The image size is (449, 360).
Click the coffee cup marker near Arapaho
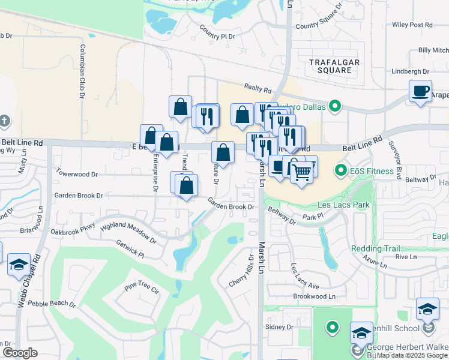click(x=420, y=91)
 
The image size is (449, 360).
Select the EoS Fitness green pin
click(x=342, y=172)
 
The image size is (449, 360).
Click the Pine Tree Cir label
click(x=142, y=290)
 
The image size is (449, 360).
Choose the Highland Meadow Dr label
click(x=129, y=233)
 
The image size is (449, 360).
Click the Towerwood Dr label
click(x=76, y=174)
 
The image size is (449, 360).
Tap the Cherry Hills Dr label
click(x=242, y=271)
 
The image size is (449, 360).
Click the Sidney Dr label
click(x=279, y=327)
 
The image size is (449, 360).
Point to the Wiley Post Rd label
click(x=412, y=25)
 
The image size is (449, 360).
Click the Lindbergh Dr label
click(x=409, y=71)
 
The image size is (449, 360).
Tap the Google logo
click(x=20, y=353)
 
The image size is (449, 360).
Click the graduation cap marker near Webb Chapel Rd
click(x=19, y=265)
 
